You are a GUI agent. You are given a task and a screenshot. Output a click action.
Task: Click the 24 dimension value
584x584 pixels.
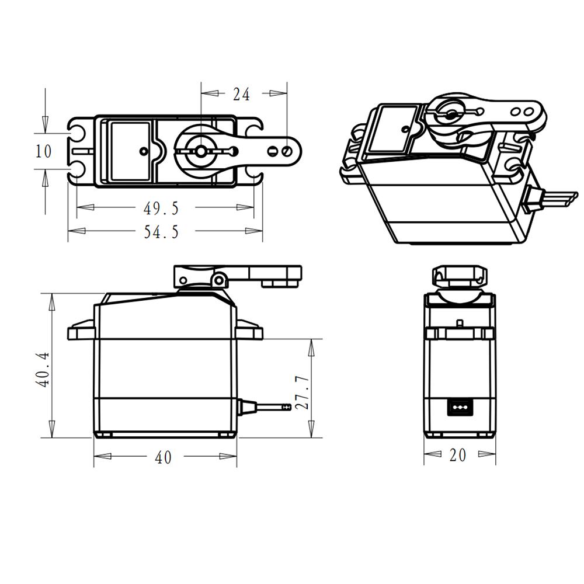tap(241, 93)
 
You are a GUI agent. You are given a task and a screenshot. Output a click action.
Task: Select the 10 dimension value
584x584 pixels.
tap(44, 151)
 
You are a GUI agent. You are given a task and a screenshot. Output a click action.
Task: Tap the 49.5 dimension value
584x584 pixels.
tap(161, 207)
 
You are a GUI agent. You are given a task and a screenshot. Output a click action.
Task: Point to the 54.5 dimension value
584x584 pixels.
tap(161, 232)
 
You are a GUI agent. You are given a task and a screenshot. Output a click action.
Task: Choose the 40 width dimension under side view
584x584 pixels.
tap(164, 458)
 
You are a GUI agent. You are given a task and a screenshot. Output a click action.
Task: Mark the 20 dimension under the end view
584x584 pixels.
tap(458, 455)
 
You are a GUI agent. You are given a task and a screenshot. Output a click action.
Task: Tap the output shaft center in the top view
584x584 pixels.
tap(200, 151)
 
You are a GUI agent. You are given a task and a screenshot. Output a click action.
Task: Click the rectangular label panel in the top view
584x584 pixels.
tap(130, 151)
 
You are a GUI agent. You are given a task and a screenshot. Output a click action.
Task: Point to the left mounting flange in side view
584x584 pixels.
tap(81, 331)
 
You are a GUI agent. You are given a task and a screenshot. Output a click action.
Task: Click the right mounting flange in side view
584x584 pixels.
tap(249, 331)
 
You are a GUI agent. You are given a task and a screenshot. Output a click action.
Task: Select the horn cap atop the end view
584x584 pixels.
tap(460, 276)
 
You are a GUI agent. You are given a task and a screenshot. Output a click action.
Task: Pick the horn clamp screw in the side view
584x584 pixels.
tap(219, 280)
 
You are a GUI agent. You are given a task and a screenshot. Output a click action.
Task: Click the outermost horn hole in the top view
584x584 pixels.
tap(287, 151)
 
